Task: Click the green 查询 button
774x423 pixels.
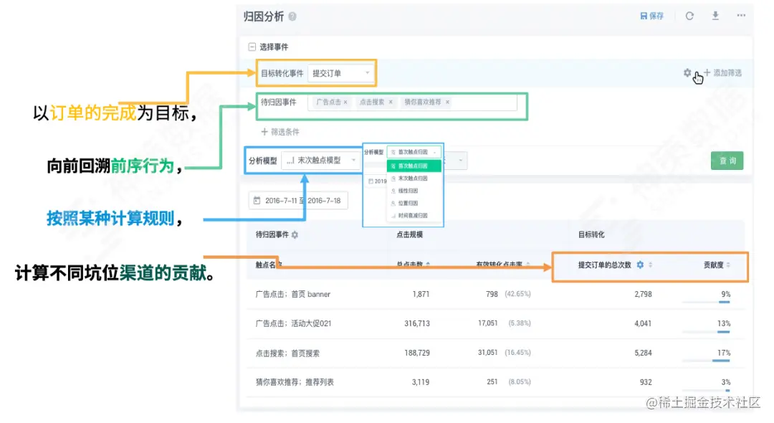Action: (727, 161)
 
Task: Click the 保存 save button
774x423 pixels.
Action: (651, 16)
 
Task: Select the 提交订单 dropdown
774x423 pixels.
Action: (340, 73)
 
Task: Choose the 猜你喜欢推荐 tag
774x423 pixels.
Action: (424, 103)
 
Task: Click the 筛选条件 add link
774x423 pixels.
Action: (280, 132)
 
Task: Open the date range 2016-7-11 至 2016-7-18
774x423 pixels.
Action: (297, 201)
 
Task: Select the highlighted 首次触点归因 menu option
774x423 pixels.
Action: (414, 166)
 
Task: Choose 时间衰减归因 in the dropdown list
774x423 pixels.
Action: (413, 215)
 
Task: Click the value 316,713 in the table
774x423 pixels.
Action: (417, 323)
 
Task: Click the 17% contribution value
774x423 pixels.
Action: (724, 353)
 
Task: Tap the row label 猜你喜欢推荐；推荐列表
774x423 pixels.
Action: (295, 382)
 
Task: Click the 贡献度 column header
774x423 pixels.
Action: (714, 265)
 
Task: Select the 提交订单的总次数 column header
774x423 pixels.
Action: (605, 265)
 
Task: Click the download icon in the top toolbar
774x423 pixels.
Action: (715, 16)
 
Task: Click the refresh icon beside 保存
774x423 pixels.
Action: (689, 16)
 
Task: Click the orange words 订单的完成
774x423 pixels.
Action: (92, 113)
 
